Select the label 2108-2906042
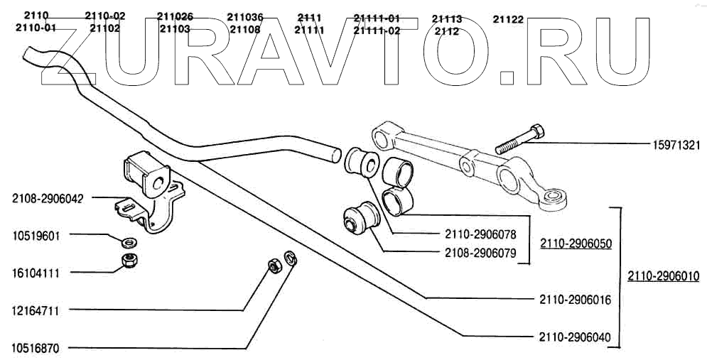48,199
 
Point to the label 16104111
36,272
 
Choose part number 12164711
36,310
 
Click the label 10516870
36,349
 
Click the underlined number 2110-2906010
663,276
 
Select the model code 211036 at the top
245,16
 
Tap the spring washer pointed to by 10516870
290,258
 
